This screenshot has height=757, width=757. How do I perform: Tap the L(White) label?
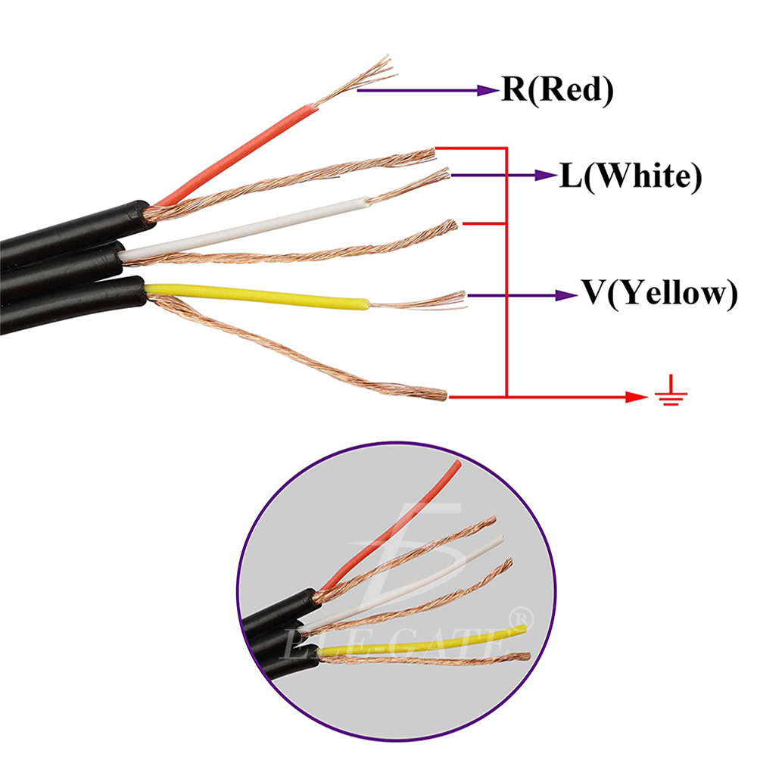(x=630, y=176)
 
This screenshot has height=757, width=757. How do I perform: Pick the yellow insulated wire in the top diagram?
(x=257, y=296)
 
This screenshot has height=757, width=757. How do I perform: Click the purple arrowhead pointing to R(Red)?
(x=487, y=91)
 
